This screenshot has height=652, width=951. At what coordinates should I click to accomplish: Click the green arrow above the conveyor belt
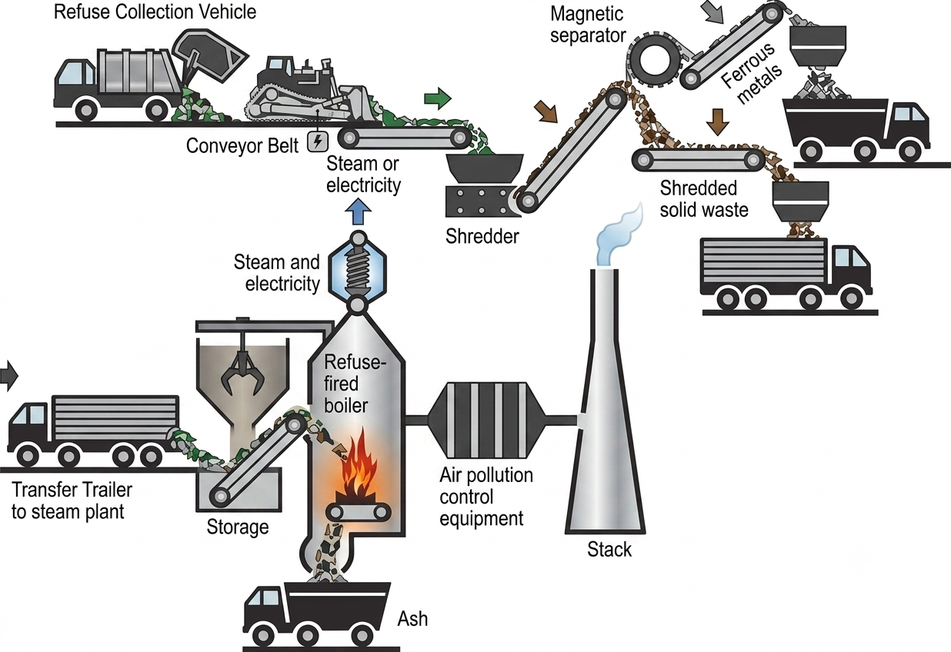point(437,98)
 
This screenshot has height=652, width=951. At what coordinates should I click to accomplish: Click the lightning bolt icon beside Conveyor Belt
point(318,141)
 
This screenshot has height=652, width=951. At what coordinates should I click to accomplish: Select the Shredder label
point(482,236)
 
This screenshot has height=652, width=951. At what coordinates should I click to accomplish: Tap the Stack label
point(609,550)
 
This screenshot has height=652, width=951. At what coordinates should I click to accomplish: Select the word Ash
point(412,619)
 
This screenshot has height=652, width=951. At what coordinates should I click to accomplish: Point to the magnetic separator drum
point(654,60)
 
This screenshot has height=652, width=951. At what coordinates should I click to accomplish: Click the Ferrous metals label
point(751,73)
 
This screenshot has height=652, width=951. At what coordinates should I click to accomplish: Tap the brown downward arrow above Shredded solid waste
point(717,121)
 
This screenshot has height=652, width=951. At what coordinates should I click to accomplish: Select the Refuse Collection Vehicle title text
point(155,12)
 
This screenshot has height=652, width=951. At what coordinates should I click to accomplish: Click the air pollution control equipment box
point(486,421)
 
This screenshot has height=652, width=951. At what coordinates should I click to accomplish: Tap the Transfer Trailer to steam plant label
point(72,501)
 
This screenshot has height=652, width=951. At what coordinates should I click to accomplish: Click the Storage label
point(237,527)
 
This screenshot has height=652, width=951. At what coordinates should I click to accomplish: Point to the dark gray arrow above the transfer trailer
point(8,375)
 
